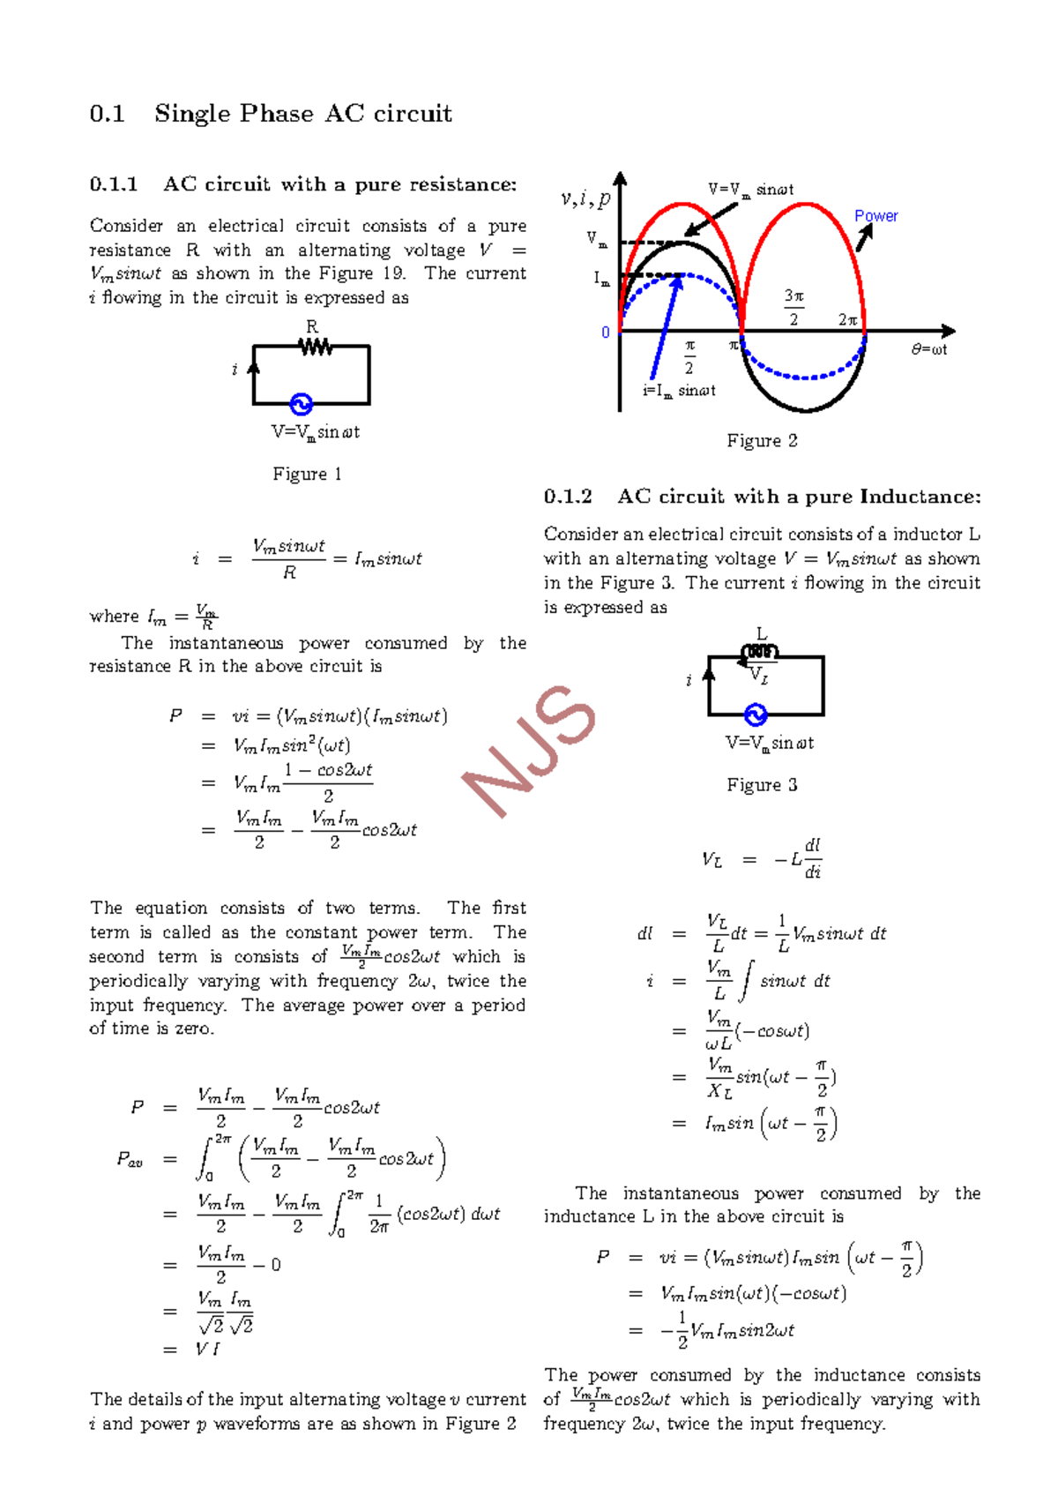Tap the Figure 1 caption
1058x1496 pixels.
[307, 475]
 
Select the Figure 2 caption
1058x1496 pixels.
[762, 441]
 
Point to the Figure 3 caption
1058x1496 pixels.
[762, 785]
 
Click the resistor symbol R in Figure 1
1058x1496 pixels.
[315, 347]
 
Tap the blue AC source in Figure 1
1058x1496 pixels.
[302, 405]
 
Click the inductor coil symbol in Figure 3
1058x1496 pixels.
[760, 653]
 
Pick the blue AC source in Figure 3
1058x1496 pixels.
[756, 714]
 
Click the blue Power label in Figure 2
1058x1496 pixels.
[875, 216]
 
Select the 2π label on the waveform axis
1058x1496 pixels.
[848, 320]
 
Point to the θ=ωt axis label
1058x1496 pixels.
[929, 349]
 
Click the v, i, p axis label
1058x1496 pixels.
[585, 199]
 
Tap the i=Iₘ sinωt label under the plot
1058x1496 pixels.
[679, 391]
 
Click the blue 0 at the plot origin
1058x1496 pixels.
[606, 333]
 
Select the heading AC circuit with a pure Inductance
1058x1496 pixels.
[798, 497]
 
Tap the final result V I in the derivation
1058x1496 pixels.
[207, 1349]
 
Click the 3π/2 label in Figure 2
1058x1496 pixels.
[794, 307]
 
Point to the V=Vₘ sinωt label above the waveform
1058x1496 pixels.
[750, 190]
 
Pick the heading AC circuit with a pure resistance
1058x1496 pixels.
[339, 184]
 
